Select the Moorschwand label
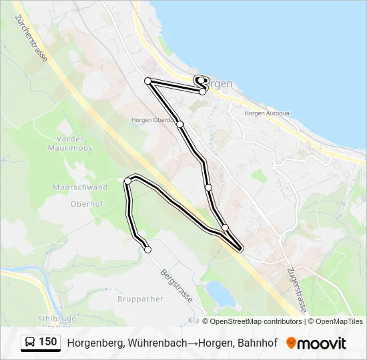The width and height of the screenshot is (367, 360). (80, 188)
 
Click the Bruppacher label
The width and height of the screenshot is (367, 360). (140, 299)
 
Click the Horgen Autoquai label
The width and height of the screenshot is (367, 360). (268, 113)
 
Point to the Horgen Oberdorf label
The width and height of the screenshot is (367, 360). (152, 120)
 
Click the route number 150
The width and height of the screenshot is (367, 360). (47, 342)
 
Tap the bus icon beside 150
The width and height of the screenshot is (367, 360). (30, 343)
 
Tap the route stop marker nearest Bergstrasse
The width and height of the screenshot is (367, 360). (147, 249)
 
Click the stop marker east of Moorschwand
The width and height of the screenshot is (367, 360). (127, 181)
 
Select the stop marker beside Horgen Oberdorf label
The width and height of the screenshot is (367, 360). (179, 123)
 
